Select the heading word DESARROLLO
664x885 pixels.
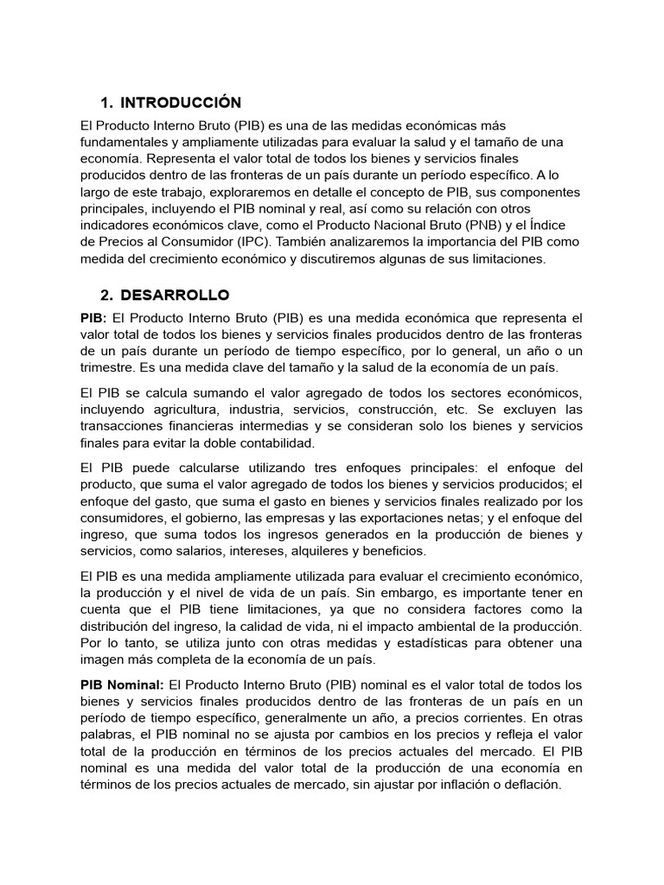coord(176,296)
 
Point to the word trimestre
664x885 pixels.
coord(108,367)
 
